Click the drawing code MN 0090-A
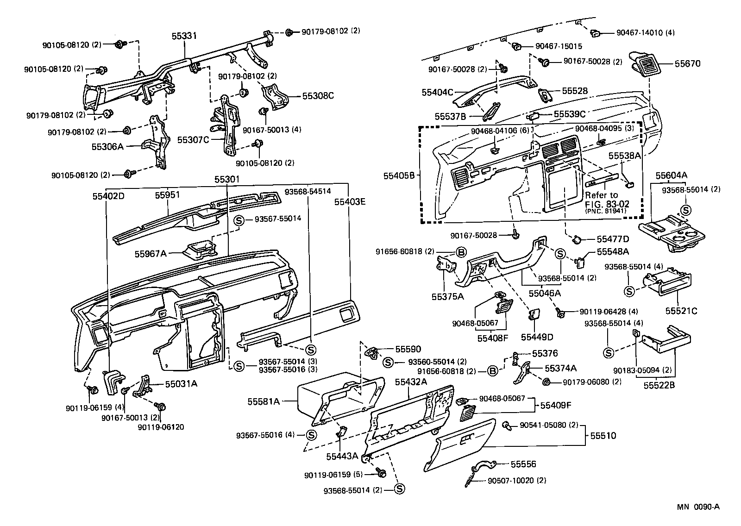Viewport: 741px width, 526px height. (x=699, y=507)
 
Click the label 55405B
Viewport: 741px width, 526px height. (x=402, y=175)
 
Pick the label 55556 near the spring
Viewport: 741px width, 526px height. (x=523, y=463)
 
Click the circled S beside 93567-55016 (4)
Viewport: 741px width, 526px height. (x=311, y=435)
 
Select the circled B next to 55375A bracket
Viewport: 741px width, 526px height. (x=461, y=252)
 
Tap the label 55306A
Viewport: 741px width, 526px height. (x=107, y=146)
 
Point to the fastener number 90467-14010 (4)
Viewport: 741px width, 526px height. (x=646, y=33)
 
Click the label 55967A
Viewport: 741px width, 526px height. (x=151, y=253)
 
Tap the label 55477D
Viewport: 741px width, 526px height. (x=612, y=239)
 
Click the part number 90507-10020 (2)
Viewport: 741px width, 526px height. (x=516, y=481)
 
